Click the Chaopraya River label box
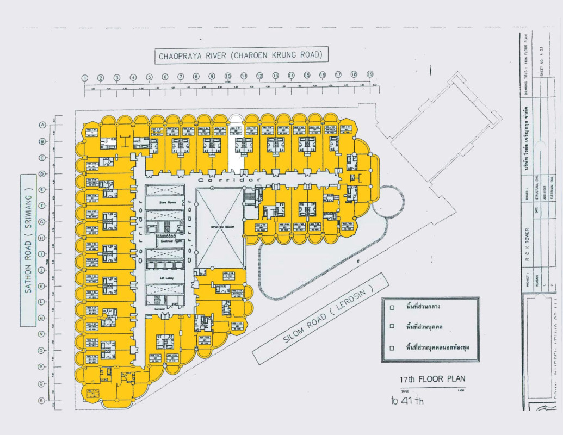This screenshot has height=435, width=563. pyautogui.click(x=241, y=55)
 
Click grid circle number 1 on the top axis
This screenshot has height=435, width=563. pyautogui.click(x=85, y=78)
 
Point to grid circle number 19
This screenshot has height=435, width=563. pyautogui.click(x=370, y=74)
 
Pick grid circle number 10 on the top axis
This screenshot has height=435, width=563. pyautogui.click(x=228, y=76)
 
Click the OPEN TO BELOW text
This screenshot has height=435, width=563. pyautogui.click(x=220, y=226)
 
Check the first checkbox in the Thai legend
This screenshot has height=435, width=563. pyautogui.click(x=392, y=307)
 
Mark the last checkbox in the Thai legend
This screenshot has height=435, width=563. pyautogui.click(x=392, y=348)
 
